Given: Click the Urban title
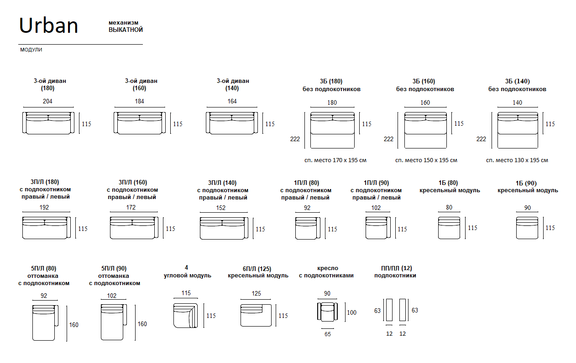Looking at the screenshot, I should click(48, 26).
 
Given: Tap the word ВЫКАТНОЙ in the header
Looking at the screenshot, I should click(126, 30).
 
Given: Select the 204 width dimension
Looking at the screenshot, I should click(47, 101).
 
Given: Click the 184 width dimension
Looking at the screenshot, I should click(139, 101).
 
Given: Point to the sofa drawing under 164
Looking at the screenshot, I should click(232, 123).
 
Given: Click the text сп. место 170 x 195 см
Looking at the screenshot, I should click(335, 160).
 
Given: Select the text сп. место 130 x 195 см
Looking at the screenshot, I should click(517, 160).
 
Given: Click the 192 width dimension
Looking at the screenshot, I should click(44, 207).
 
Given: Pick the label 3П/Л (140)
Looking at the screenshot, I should click(222, 183).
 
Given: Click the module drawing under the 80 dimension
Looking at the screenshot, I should click(449, 228).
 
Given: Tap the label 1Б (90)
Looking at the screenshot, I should click(528, 183).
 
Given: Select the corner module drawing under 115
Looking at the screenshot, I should click(185, 315).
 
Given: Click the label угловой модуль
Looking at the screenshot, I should click(187, 276).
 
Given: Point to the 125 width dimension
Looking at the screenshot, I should click(256, 294).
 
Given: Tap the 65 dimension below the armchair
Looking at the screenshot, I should click(328, 334).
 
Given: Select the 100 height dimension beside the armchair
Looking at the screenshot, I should click(351, 312).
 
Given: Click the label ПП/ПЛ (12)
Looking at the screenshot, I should click(396, 268).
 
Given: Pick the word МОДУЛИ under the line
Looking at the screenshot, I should click(31, 50).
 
